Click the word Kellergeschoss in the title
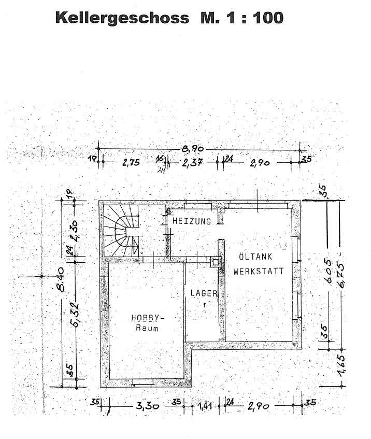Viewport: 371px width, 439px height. (x=121, y=18)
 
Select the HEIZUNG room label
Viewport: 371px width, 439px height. (x=192, y=221)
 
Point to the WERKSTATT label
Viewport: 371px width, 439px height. (x=258, y=271)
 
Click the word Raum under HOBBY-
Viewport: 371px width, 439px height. (x=147, y=328)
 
